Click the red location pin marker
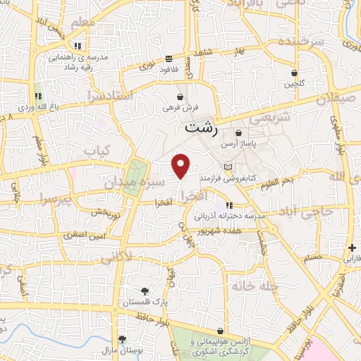[x=182, y=165]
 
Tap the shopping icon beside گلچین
[x=294, y=73]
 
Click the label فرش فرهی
[x=181, y=108]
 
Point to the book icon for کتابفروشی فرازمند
[x=228, y=166]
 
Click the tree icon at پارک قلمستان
[x=145, y=290]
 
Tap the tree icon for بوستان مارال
[x=122, y=339]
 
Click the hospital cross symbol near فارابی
[x=352, y=247]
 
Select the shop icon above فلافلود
[x=168, y=59]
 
